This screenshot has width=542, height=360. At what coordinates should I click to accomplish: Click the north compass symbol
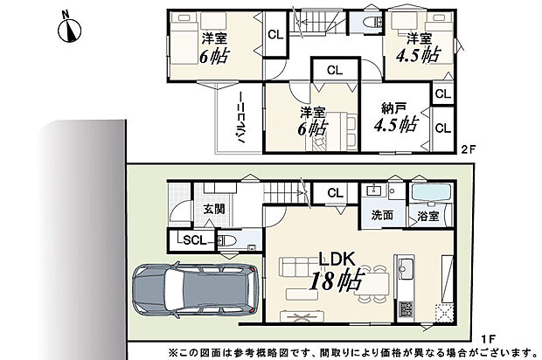pyautogui.click(x=69, y=28)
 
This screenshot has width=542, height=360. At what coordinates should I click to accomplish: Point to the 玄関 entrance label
pyautogui.click(x=215, y=209)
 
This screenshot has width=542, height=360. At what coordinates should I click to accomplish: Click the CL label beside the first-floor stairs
pyautogui.click(x=334, y=193)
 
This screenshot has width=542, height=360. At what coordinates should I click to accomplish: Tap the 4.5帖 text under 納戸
pyautogui.click(x=394, y=126)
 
